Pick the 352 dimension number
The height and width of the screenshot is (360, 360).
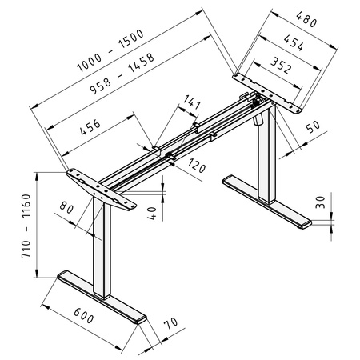[x=281, y=66]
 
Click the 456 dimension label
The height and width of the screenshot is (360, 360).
[x=94, y=131]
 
